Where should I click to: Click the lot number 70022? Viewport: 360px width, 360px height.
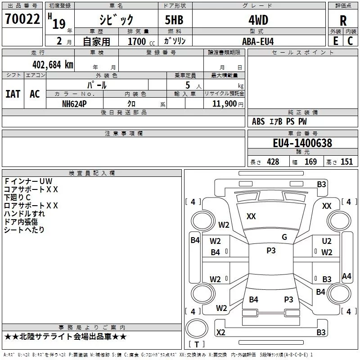(x=22, y=19)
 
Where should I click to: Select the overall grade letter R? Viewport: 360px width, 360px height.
(x=343, y=21)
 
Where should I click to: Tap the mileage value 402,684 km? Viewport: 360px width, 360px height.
(x=53, y=65)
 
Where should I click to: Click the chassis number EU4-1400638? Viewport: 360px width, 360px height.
(x=302, y=143)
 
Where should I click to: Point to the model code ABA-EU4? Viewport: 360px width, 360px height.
(x=258, y=41)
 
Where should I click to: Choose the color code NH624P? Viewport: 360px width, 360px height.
(x=74, y=104)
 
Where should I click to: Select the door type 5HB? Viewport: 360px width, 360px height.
(x=174, y=20)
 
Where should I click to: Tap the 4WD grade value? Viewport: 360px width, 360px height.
(x=258, y=20)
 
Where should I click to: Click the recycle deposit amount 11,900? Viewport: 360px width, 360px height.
(x=224, y=103)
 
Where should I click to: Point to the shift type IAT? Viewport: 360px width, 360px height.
(x=13, y=94)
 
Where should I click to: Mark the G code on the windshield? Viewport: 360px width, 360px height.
(x=284, y=237)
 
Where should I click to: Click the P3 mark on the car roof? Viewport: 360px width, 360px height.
(x=271, y=251)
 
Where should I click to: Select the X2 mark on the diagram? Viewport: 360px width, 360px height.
(x=221, y=332)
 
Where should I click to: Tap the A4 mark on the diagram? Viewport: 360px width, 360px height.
(x=346, y=276)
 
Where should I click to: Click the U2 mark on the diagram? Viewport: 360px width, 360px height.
(x=327, y=241)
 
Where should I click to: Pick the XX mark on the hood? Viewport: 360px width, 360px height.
(x=251, y=216)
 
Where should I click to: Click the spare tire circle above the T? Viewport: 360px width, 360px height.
(x=197, y=328)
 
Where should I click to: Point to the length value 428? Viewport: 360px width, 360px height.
(x=273, y=162)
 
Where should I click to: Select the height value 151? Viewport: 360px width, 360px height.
(x=346, y=162)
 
